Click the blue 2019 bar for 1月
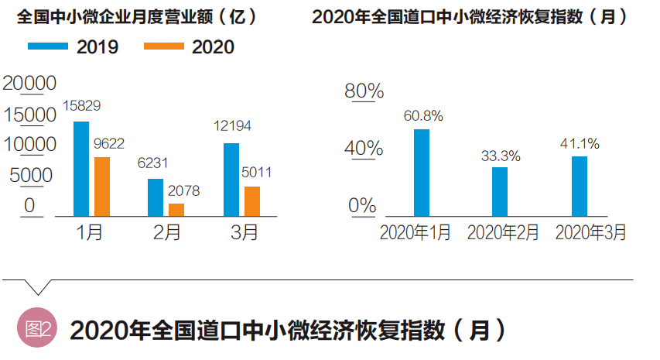tap(80, 168)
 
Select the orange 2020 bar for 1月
tap(101, 186)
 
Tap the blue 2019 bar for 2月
tap(156, 197)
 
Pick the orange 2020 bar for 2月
tap(176, 209)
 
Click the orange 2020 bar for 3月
tap(252, 201)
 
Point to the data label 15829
tap(81, 105)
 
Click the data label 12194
tap(231, 125)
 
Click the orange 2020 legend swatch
tap(163, 47)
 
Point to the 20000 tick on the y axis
tap(29, 83)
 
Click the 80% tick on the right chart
tap(364, 91)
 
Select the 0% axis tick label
tap(361, 206)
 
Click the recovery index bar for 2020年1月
tap(421, 172)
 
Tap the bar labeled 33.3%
tap(500, 191)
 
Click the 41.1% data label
tap(579, 143)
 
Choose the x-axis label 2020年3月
tap(591, 232)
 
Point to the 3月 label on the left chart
tap(245, 232)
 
